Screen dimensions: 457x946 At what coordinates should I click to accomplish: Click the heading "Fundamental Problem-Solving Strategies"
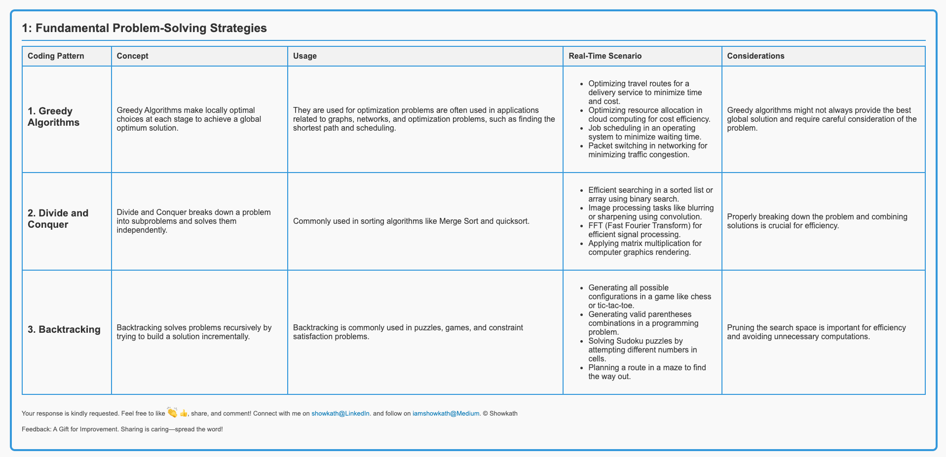coord(145,28)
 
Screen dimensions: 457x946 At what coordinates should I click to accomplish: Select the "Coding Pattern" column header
coord(56,56)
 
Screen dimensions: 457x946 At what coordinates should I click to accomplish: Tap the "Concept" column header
coord(132,56)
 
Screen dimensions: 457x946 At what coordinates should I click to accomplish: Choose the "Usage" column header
coord(304,56)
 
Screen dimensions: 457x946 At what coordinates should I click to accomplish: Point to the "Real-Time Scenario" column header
coord(605,56)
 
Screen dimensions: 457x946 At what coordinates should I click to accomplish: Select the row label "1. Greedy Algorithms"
coord(53,117)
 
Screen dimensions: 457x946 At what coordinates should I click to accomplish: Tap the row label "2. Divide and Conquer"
coord(58,219)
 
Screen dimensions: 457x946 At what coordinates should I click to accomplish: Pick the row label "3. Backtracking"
coord(64,329)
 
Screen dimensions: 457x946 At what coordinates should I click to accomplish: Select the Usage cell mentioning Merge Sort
coord(411,221)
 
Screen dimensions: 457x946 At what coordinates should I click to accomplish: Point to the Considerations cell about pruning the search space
coord(816,332)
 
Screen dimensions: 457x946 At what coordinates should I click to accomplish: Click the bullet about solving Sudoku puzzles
coord(643,350)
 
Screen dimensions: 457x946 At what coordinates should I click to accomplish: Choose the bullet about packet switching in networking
coord(647,150)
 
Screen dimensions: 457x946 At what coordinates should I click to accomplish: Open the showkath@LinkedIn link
coord(340,414)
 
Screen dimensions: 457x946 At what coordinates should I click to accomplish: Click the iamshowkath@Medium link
coord(446,414)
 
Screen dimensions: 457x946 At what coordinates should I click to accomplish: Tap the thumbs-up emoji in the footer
coord(184,413)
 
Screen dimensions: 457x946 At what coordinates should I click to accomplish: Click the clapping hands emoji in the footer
coord(172,413)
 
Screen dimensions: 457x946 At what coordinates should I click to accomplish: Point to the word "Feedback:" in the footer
coord(37,429)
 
